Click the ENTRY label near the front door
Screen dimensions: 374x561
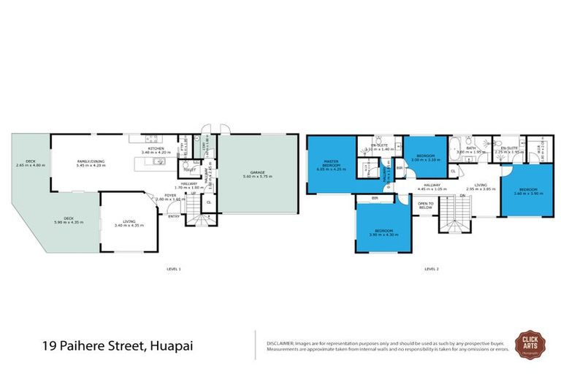[x=174, y=215]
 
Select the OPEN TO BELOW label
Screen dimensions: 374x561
[x=427, y=205]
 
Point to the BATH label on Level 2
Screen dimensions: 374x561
[x=471, y=148]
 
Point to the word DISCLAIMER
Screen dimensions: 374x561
[x=280, y=341]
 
